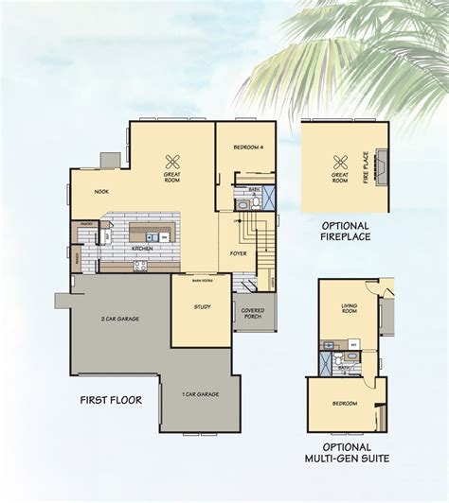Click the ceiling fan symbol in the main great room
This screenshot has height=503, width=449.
(172, 161)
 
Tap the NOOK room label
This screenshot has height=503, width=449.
(101, 191)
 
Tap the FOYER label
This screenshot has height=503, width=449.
(239, 253)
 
